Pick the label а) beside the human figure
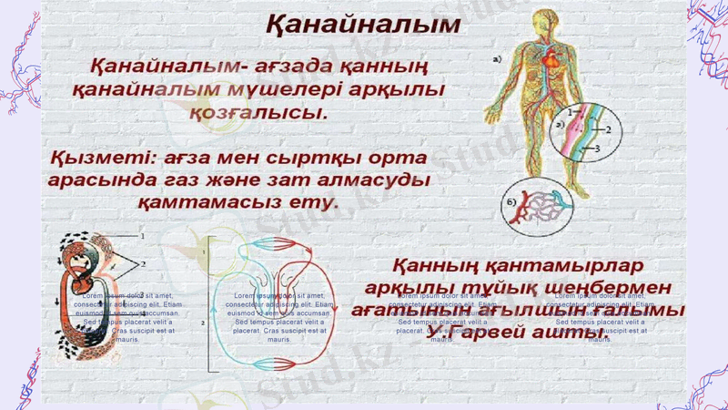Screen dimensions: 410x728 (x=497, y=61)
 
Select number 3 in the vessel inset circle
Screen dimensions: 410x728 (x=598, y=147)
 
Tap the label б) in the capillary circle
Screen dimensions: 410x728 (x=513, y=200)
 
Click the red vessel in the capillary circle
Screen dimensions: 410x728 (x=524, y=215)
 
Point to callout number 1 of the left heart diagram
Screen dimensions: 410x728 (x=142, y=236)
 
